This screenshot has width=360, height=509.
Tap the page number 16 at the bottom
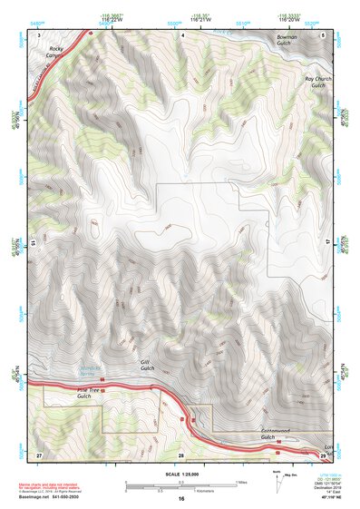tap(180, 499)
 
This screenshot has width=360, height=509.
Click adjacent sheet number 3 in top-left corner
tap(39, 34)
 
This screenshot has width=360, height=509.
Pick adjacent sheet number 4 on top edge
tap(181, 34)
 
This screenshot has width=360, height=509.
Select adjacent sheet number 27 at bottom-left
tap(39, 454)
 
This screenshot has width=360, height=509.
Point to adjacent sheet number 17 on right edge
tap(328, 243)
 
